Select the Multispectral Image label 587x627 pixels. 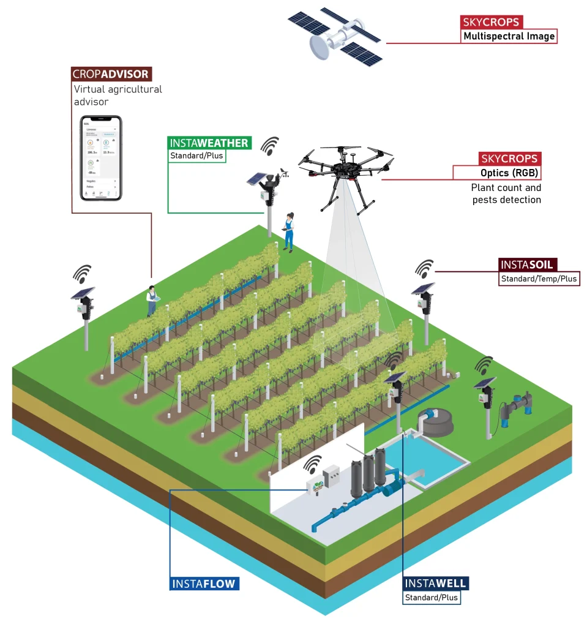tap(509, 36)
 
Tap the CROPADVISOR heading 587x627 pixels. tap(111, 74)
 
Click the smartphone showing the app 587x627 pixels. tap(102, 158)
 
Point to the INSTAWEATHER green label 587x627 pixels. tap(209, 143)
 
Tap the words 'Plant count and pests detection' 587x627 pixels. tap(506, 193)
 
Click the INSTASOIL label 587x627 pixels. tap(528, 265)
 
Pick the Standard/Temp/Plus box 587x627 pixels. tap(539, 279)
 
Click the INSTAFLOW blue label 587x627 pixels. tap(204, 584)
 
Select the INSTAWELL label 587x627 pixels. tap(435, 584)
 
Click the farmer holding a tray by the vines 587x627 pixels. tap(151, 300)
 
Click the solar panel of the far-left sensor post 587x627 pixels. tap(83, 293)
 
